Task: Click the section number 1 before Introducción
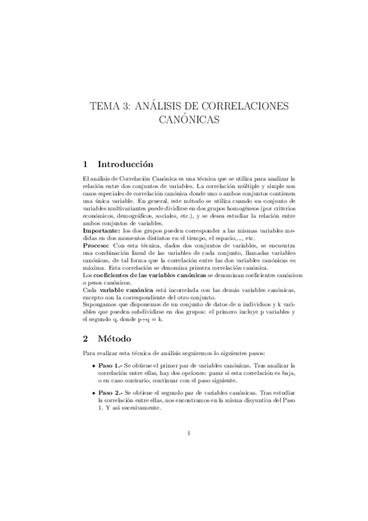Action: click(85, 164)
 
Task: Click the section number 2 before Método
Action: click(85, 337)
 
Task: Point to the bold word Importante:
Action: click(101, 230)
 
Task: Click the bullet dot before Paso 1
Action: click(92, 366)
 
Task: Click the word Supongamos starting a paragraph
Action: click(100, 304)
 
